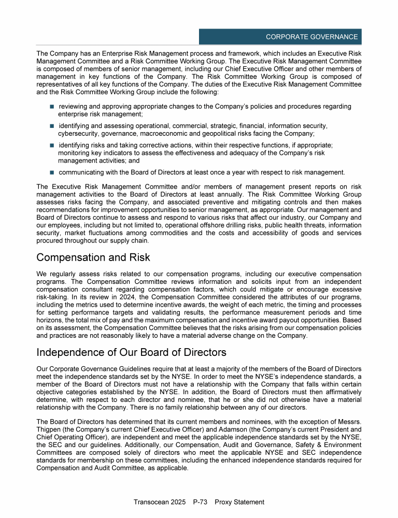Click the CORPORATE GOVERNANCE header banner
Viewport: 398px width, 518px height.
coord(280,37)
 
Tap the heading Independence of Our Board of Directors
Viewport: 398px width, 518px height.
coord(131,353)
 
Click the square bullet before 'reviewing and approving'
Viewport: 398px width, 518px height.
coord(52,107)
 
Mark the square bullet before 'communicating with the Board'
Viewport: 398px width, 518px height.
coord(52,172)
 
